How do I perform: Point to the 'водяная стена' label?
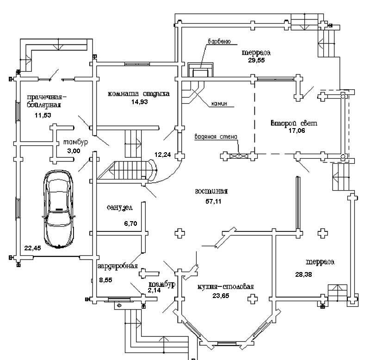coord(216,137)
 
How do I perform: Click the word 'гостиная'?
coord(211,191)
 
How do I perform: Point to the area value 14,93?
coord(140,102)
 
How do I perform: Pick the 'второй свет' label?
coord(294,123)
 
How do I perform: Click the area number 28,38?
coord(304,274)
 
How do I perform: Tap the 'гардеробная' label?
coord(118,267)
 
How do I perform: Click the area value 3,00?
coord(74,151)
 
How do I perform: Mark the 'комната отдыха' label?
coord(138,93)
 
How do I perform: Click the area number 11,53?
coord(43,114)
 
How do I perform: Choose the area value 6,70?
coord(131,223)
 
